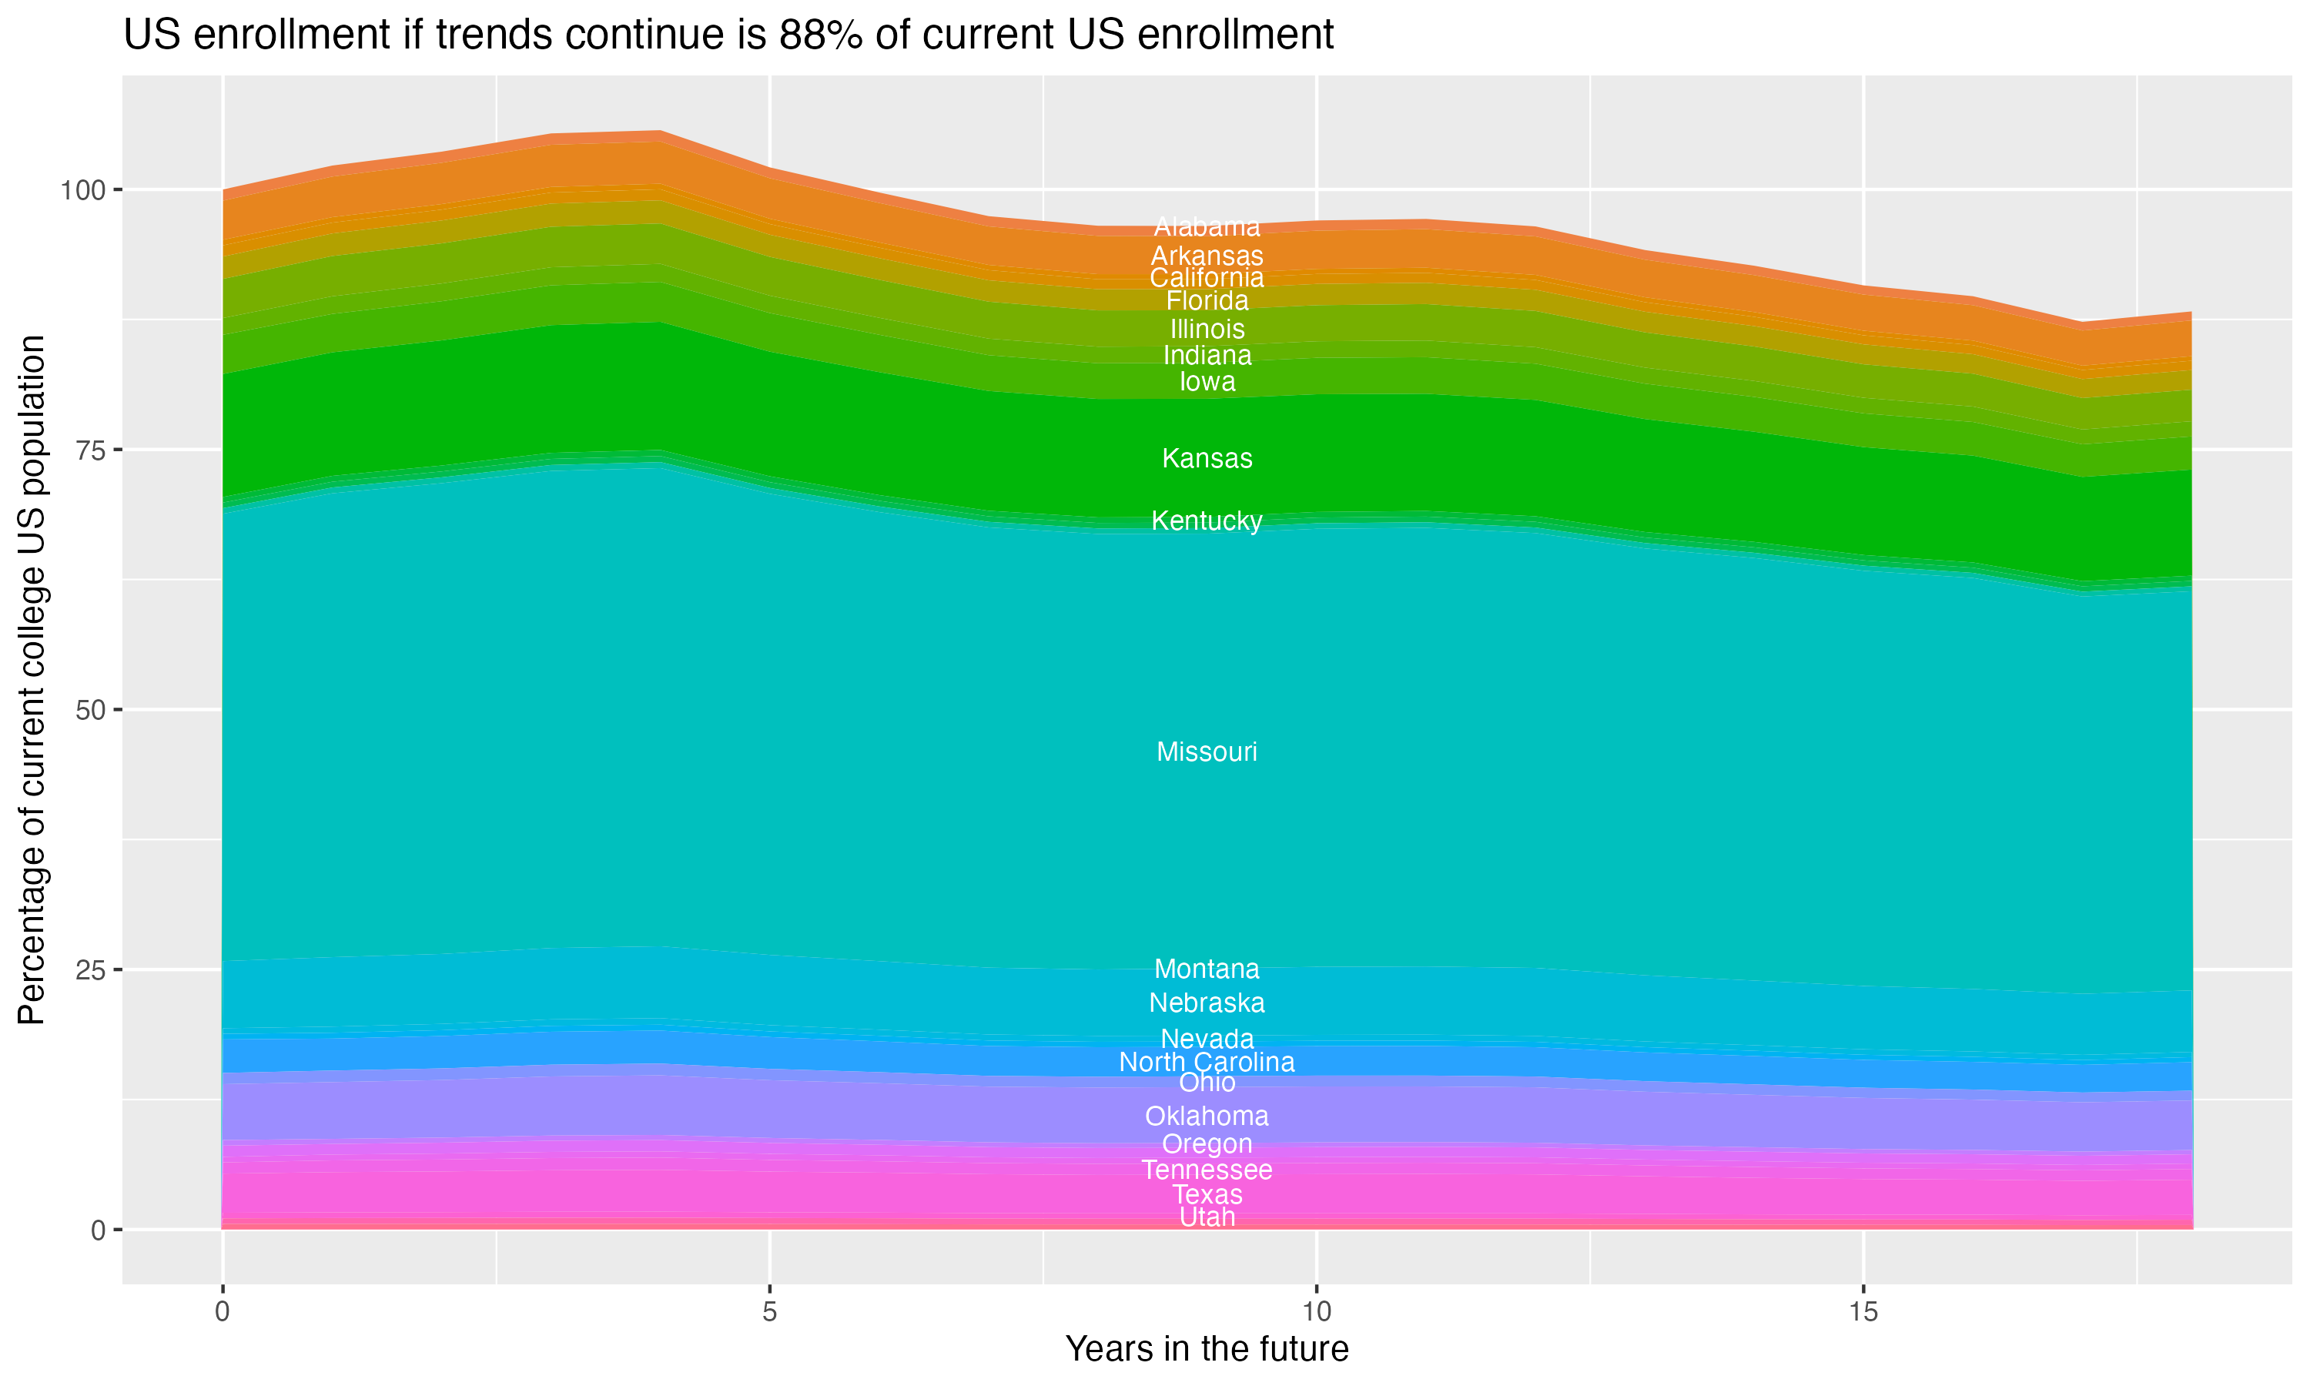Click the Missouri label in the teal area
[x=1207, y=752]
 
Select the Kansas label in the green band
[x=1207, y=459]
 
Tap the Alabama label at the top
[x=1207, y=227]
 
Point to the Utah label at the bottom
[x=1207, y=1217]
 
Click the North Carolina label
[x=1207, y=1062]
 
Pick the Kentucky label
[x=1207, y=521]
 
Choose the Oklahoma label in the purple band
[x=1207, y=1116]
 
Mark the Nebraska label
[x=1207, y=1003]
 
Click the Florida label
[x=1207, y=301]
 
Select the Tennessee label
[x=1207, y=1170]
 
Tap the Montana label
[x=1207, y=969]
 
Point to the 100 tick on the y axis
[x=80, y=190]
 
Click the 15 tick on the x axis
[x=1863, y=1312]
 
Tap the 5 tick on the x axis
[x=769, y=1312]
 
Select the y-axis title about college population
[x=32, y=680]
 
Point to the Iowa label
[x=1207, y=382]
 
